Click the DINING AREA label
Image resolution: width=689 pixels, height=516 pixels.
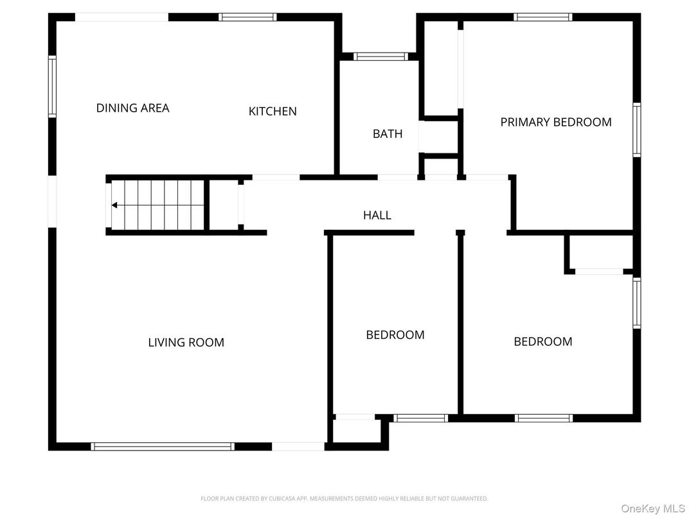[132, 108]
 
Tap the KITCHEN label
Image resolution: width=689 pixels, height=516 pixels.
[273, 111]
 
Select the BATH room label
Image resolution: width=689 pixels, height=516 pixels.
[388, 133]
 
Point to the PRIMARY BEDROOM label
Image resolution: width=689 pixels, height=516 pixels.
[556, 122]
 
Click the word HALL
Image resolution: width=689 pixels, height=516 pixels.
[377, 215]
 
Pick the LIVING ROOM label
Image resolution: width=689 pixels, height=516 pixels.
[186, 342]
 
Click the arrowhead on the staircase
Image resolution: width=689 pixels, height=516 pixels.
[114, 205]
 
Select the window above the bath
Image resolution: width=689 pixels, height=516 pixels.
[381, 56]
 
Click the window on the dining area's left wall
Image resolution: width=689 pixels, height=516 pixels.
[53, 87]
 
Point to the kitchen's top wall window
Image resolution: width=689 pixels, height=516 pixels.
[247, 17]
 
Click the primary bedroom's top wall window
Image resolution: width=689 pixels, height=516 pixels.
[543, 17]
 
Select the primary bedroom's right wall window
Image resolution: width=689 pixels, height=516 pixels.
[636, 130]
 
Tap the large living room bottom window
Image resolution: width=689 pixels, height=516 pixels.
[163, 446]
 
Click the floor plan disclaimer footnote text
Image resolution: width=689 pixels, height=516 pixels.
[344, 498]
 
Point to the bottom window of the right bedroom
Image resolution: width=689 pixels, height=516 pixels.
[543, 418]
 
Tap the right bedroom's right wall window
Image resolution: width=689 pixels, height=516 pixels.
[636, 303]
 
